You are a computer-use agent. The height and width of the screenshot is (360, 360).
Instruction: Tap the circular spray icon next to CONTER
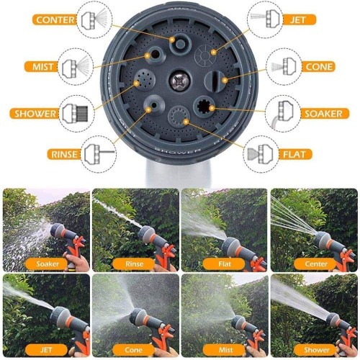[x=96, y=19]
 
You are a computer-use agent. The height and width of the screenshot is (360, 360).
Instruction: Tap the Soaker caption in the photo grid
[x=47, y=264]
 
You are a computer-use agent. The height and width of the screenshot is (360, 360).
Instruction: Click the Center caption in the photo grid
[x=316, y=264]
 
